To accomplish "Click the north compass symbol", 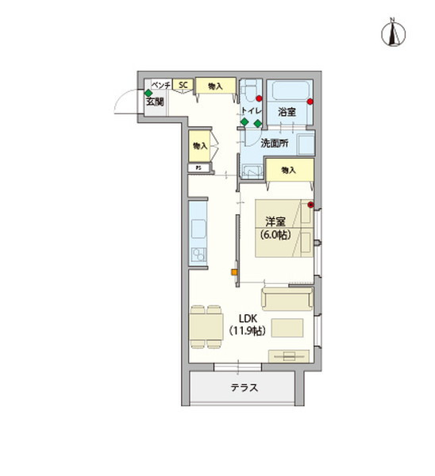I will [x=391, y=33].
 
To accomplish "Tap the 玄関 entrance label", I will [x=154, y=102].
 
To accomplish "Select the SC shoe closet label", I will [x=183, y=85].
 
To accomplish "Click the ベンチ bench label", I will [x=161, y=84].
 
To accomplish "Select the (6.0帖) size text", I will [x=274, y=236].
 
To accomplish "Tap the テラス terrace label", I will [x=244, y=388].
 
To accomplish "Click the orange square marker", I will [x=233, y=273].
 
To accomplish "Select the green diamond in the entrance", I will [x=148, y=93].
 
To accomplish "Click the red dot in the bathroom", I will [x=311, y=102].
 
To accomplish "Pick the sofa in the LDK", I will [x=287, y=298].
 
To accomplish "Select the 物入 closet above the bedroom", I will [x=287, y=170].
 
